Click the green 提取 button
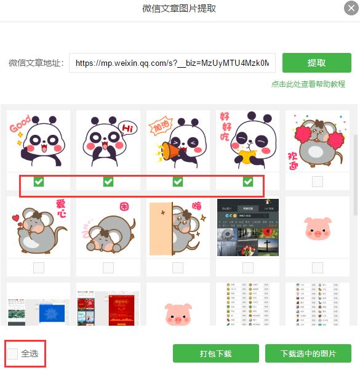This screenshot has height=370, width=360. [316, 63]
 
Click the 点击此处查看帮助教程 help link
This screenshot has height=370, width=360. [308, 84]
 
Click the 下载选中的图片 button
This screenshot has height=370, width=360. [308, 354]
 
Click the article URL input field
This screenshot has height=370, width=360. [172, 63]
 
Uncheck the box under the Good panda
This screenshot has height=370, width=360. [38, 182]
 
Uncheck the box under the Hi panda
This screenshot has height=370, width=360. [108, 182]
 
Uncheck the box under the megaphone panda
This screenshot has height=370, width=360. [178, 182]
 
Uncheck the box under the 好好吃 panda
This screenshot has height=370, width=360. [248, 182]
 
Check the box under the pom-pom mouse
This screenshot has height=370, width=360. [318, 182]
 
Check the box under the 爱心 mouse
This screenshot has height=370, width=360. [38, 267]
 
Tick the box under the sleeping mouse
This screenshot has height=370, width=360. [108, 267]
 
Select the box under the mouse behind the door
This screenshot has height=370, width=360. [178, 267]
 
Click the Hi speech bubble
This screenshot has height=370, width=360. [127, 128]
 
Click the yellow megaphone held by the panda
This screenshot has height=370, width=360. [169, 151]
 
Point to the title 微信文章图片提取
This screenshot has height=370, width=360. [179, 9]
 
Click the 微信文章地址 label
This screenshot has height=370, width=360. [36, 63]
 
